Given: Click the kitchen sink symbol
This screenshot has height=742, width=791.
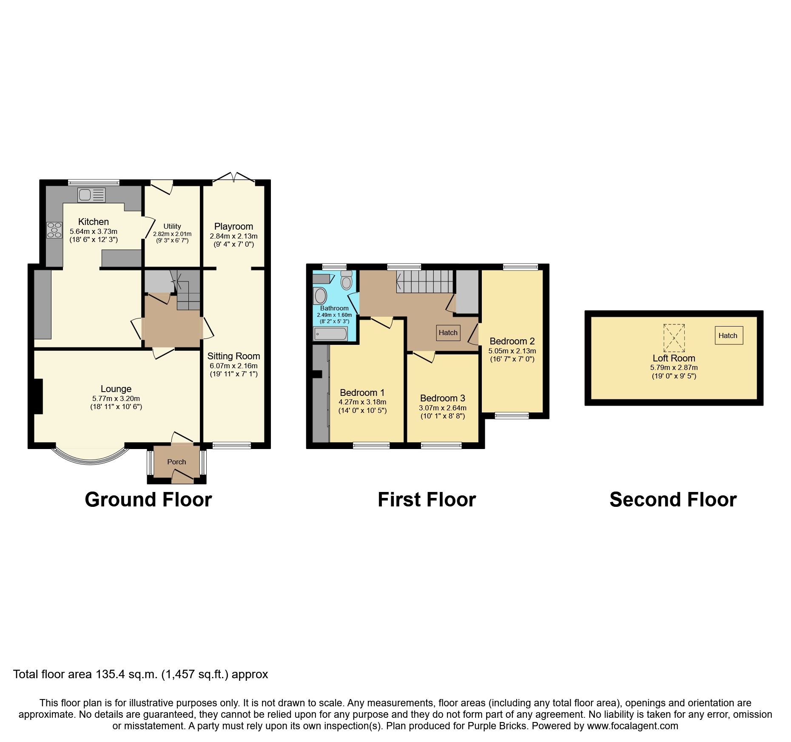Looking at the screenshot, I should pyautogui.click(x=91, y=195).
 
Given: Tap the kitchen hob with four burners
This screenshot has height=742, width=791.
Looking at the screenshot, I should pyautogui.click(x=54, y=230).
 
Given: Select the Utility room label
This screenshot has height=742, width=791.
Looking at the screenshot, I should pyautogui.click(x=172, y=226).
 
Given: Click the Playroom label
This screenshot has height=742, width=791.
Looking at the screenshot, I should pyautogui.click(x=233, y=226).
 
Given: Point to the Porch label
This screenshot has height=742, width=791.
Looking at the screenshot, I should pyautogui.click(x=176, y=462).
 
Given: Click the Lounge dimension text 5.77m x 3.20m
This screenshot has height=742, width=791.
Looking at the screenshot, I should pyautogui.click(x=116, y=398).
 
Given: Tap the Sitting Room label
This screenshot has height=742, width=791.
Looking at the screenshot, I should pyautogui.click(x=233, y=356).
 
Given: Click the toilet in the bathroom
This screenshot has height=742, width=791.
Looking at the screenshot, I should pyautogui.click(x=347, y=281).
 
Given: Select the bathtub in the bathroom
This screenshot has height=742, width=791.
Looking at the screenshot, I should pyautogui.click(x=330, y=334).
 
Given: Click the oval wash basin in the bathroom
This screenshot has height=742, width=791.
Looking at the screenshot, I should pyautogui.click(x=320, y=296).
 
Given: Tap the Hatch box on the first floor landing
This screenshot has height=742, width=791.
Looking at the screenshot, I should pyautogui.click(x=448, y=333).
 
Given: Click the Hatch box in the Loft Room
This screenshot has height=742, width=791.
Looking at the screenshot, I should pyautogui.click(x=728, y=335).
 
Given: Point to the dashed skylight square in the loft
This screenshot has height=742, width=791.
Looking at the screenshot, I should pyautogui.click(x=674, y=338).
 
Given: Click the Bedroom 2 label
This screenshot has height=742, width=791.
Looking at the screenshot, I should pyautogui.click(x=512, y=341).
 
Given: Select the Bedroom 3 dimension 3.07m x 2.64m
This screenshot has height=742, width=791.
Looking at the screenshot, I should pyautogui.click(x=442, y=407).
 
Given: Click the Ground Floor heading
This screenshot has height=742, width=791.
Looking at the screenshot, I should pyautogui.click(x=148, y=500).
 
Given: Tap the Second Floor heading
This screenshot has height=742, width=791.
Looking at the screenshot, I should pyautogui.click(x=673, y=500).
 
